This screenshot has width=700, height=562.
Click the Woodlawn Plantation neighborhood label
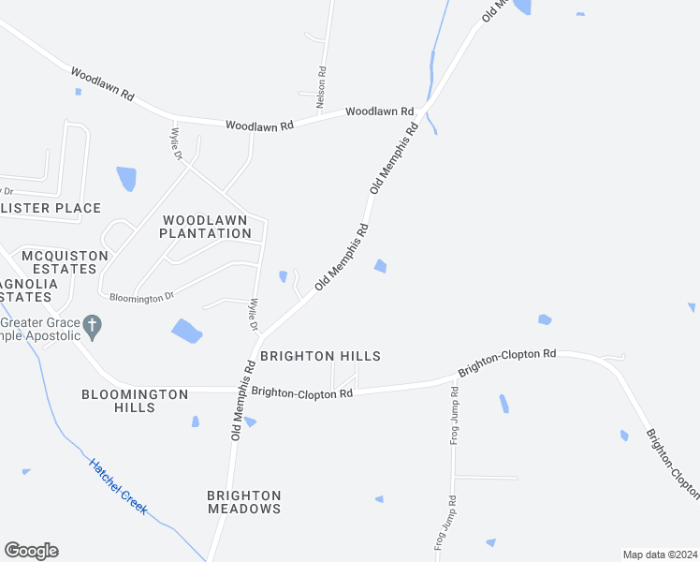pyautogui.click(x=205, y=227)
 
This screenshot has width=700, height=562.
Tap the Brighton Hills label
pyautogui.click(x=320, y=356)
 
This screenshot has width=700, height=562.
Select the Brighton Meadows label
pyautogui.click(x=243, y=502)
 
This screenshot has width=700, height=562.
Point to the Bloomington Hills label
pyautogui.click(x=135, y=401)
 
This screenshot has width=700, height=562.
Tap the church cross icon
pyautogui.click(x=92, y=326)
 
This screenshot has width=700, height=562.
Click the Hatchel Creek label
pyautogui.click(x=118, y=484)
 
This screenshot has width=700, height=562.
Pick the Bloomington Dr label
pyautogui.click(x=142, y=297)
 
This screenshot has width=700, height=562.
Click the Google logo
pyautogui.click(x=31, y=551)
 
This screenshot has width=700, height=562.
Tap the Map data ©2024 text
pyautogui.click(x=659, y=555)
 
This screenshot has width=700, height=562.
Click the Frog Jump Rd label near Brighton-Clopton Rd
pyautogui.click(x=454, y=417)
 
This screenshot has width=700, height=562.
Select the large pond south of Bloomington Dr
pyautogui.click(x=186, y=330)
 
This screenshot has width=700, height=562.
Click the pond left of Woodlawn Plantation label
pyautogui.click(x=126, y=178)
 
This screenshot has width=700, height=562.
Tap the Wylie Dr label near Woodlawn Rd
pyautogui.click(x=176, y=140)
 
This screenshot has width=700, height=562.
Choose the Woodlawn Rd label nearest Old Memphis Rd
pyautogui.click(x=379, y=111)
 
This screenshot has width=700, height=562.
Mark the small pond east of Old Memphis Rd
pyautogui.click(x=380, y=267)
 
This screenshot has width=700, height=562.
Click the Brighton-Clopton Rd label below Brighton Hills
pyautogui.click(x=301, y=393)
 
